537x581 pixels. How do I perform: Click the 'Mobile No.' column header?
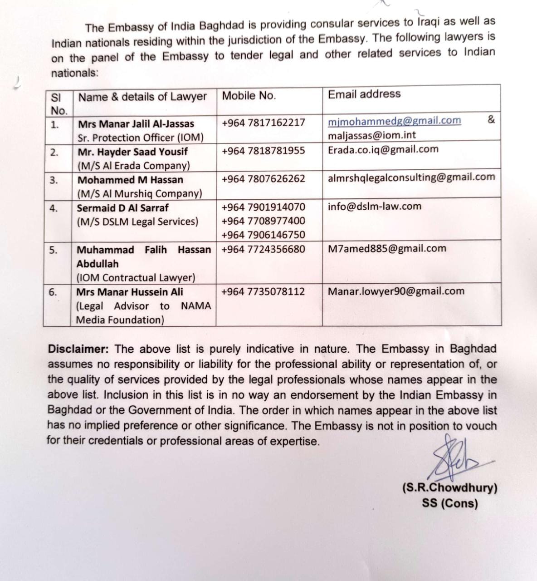click(x=249, y=96)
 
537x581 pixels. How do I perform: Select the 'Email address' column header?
click(x=364, y=94)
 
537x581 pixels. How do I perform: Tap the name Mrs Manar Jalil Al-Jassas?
click(x=136, y=124)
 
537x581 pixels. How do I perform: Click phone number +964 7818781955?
click(x=263, y=151)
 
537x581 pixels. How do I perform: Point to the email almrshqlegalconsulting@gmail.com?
click(x=411, y=177)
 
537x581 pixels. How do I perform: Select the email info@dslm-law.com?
click(x=375, y=207)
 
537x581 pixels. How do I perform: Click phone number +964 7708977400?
click(x=263, y=221)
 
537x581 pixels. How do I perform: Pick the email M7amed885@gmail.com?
click(x=387, y=249)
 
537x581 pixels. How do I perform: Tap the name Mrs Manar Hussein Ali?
click(x=130, y=292)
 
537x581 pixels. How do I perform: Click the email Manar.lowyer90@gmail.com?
click(x=396, y=291)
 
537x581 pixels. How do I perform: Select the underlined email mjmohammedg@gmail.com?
click(x=394, y=121)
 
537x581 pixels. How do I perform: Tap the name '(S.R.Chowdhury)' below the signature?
click(x=449, y=488)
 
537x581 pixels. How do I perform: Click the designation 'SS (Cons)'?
click(x=449, y=503)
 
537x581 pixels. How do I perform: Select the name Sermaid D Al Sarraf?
click(x=122, y=208)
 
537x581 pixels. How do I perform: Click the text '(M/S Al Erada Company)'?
click(x=133, y=166)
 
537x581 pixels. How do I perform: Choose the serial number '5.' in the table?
click(x=54, y=250)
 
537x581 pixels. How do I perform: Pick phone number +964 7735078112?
click(x=263, y=291)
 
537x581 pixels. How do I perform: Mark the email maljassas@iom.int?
click(x=372, y=135)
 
